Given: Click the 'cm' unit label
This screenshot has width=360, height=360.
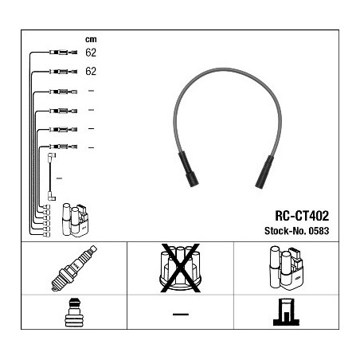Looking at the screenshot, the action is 91,40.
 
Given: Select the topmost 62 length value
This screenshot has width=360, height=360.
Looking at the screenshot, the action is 91,53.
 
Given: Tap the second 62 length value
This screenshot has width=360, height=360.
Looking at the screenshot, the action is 91,71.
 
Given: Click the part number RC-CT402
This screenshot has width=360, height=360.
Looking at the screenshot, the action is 302,216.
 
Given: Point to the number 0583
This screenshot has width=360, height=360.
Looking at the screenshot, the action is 319,231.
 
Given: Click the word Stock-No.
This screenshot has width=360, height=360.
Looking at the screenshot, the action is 285,231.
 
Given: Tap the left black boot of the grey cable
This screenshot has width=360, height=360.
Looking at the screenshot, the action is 188,169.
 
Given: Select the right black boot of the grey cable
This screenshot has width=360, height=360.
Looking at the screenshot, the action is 264,172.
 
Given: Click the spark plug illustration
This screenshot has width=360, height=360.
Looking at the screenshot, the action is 74,268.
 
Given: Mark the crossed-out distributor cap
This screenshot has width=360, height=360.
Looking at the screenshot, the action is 180,268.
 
